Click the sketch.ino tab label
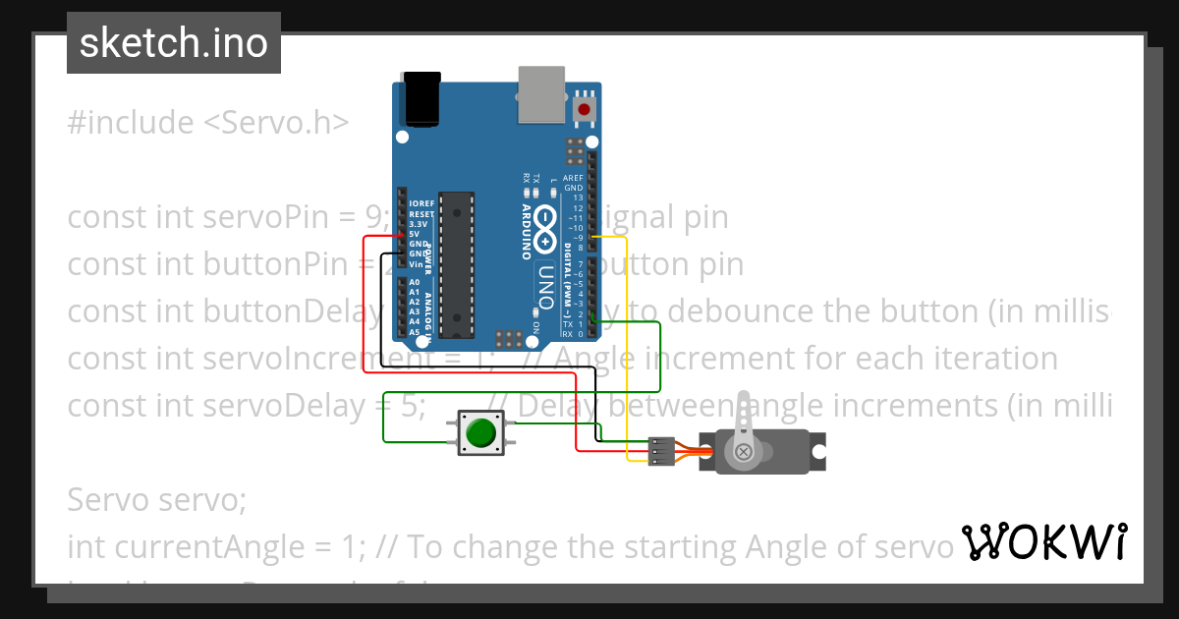click(174, 43)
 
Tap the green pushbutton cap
click(480, 433)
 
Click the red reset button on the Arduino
click(586, 109)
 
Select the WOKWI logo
click(1042, 541)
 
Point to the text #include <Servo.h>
click(207, 123)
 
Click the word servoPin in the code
click(266, 217)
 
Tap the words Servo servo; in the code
click(156, 500)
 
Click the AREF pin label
click(573, 178)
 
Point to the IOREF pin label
click(421, 203)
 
